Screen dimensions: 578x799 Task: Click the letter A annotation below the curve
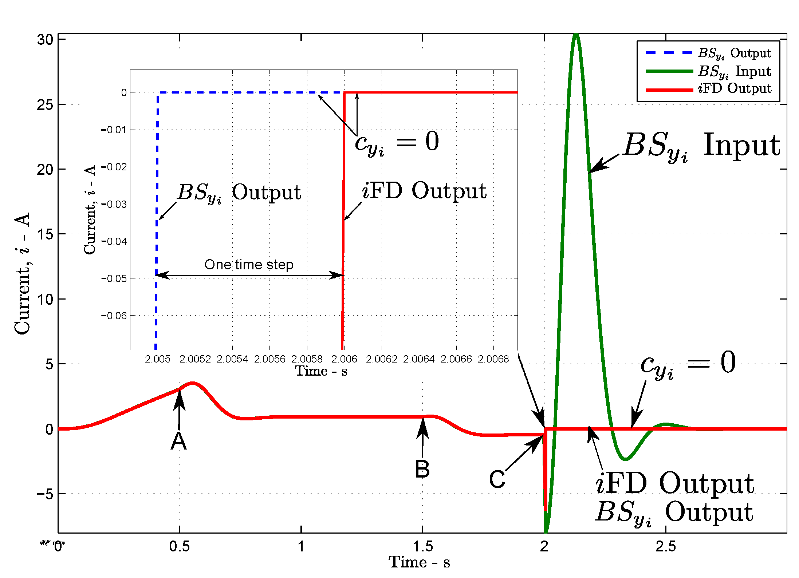[x=179, y=442]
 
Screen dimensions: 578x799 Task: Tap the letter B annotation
[x=422, y=470]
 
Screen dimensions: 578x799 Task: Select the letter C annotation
[x=497, y=479]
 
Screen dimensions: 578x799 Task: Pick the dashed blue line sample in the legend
[x=669, y=53]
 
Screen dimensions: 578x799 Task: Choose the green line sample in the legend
[x=669, y=71]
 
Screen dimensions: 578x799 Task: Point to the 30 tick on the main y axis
[x=45, y=40]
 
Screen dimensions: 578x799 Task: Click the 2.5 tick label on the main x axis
[x=666, y=546]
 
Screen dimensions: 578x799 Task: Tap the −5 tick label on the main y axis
[x=46, y=494]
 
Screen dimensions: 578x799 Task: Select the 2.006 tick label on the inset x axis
[x=344, y=359]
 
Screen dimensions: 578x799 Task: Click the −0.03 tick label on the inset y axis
[x=114, y=204]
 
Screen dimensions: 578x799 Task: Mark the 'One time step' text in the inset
[x=249, y=265]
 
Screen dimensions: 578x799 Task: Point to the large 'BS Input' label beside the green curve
[x=701, y=146]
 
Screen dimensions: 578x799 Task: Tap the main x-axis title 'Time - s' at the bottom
[x=419, y=562]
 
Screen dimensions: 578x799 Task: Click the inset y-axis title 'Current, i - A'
[x=90, y=210]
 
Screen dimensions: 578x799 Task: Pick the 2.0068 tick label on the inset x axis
[x=493, y=359]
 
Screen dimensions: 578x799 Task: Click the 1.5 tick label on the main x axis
[x=422, y=546]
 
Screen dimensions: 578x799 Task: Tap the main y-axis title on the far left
[x=23, y=273]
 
